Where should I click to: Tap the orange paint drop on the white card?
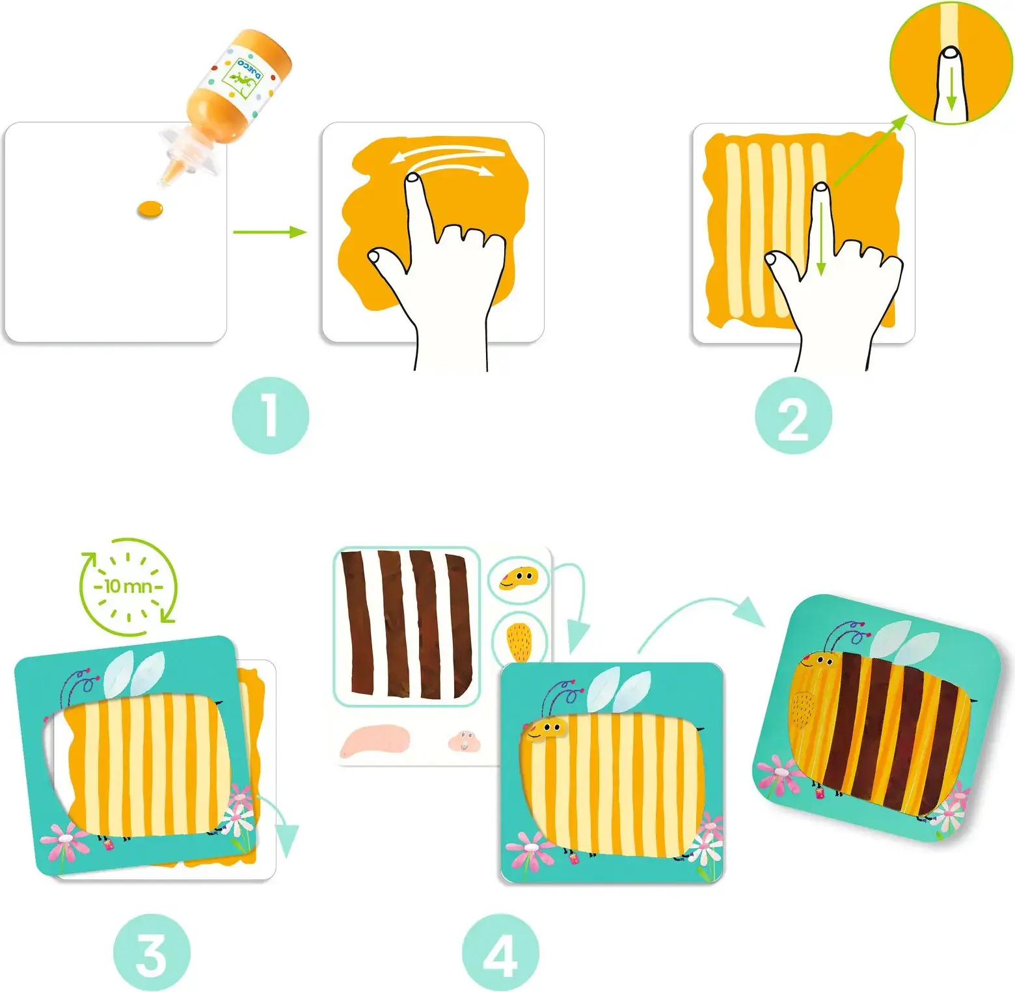click(x=150, y=209)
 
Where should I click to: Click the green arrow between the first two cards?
click(x=269, y=232)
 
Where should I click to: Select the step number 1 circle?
click(x=271, y=415)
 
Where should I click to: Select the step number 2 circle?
click(x=793, y=415)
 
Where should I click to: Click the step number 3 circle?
click(x=152, y=952)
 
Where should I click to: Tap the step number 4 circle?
click(x=501, y=952)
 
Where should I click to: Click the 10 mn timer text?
click(x=128, y=586)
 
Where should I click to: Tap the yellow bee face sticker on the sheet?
click(x=519, y=578)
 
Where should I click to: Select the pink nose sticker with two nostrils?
click(x=465, y=741)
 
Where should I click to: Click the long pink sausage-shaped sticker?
click(x=375, y=741)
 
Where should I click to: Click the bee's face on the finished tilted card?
click(x=818, y=661)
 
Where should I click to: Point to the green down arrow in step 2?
click(x=821, y=239)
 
